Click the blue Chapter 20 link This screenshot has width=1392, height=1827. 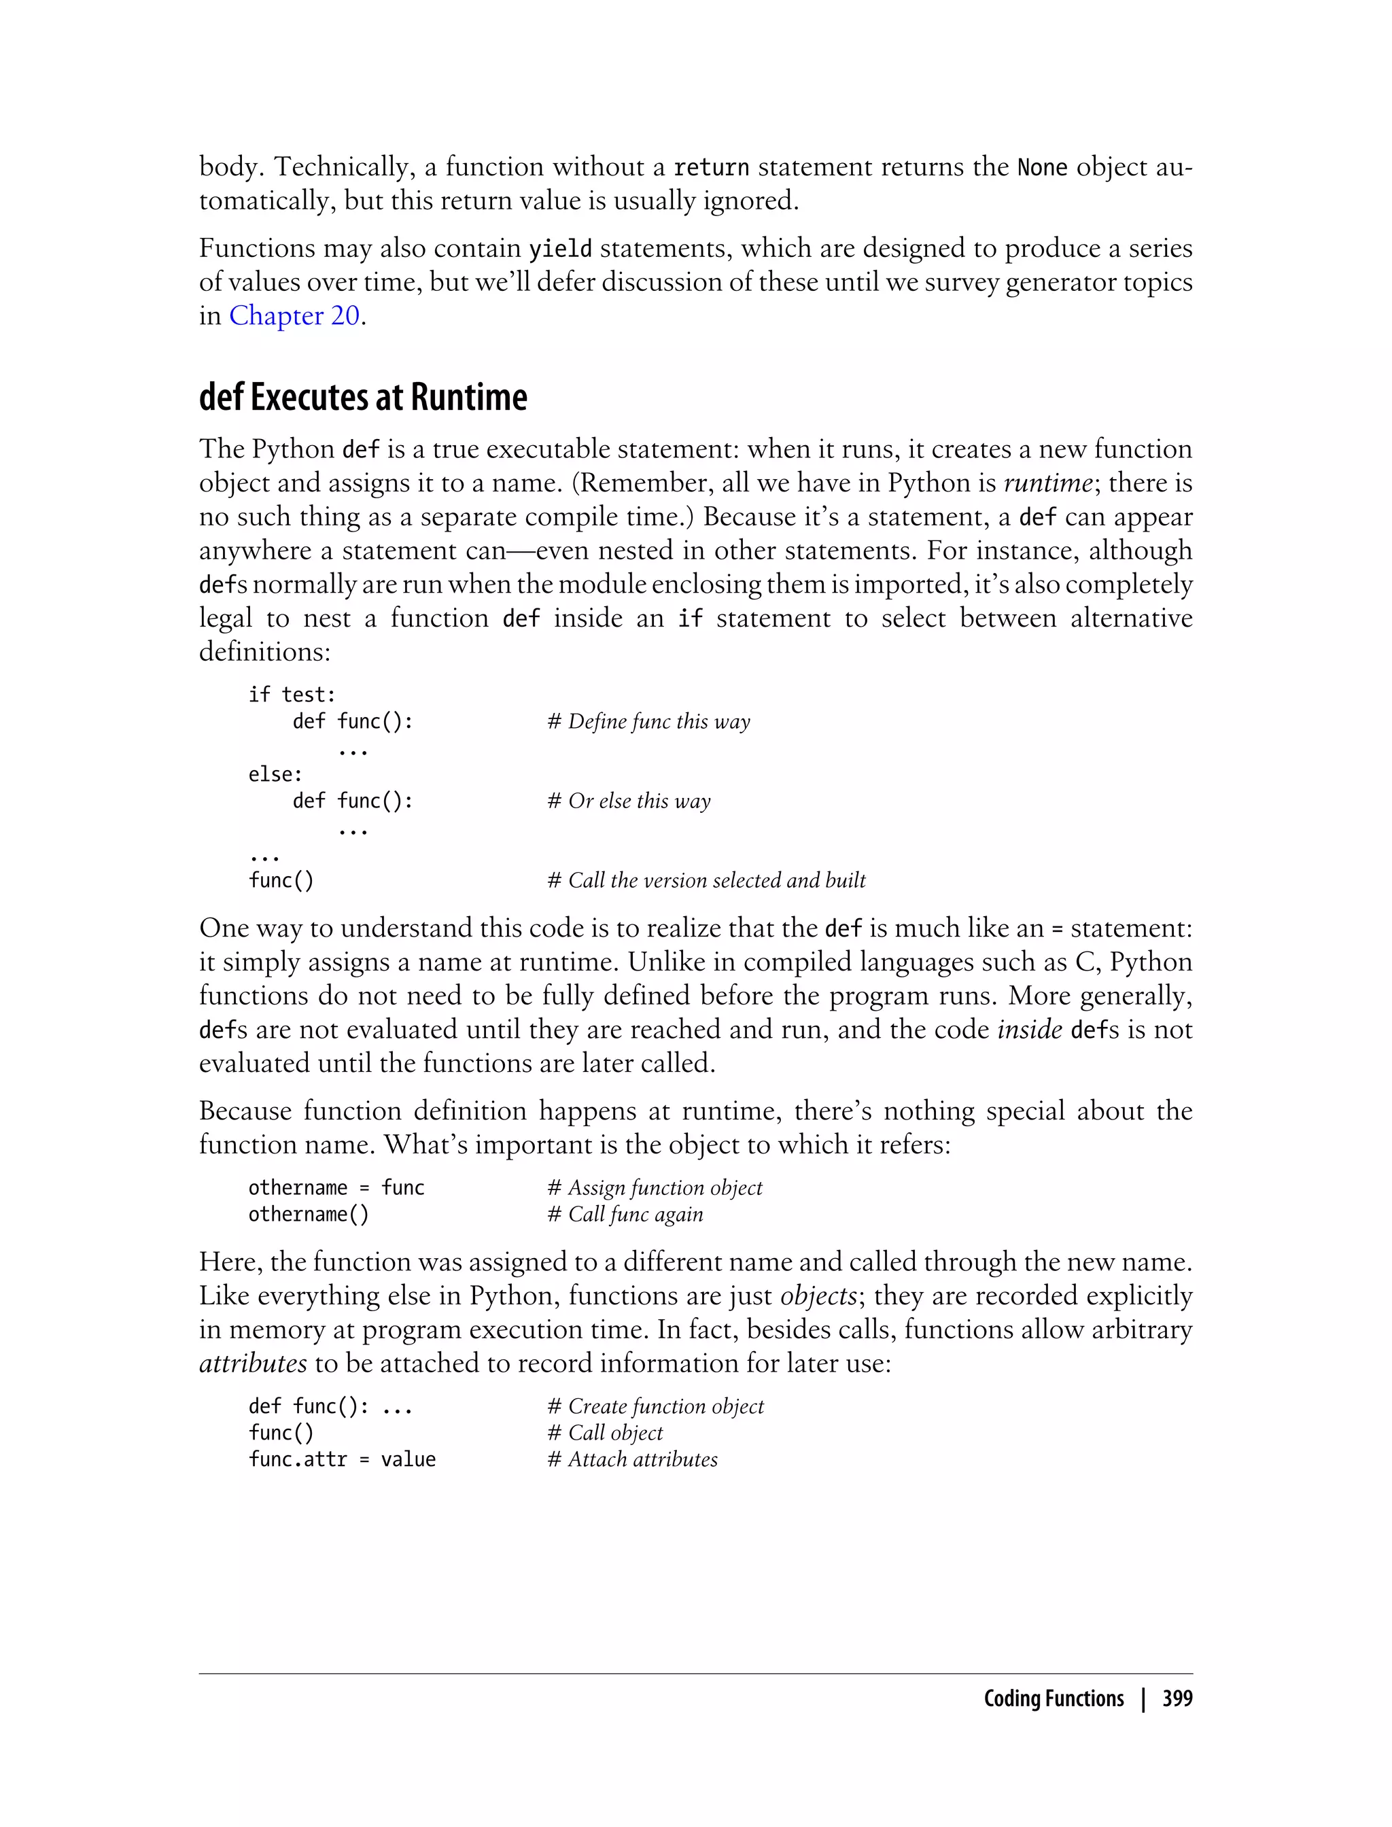[x=294, y=315]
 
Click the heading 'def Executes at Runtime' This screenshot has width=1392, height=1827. [x=363, y=398]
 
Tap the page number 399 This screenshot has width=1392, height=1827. [x=1177, y=1699]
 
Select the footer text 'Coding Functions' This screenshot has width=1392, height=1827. [x=1053, y=1699]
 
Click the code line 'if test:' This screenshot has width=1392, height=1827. [x=292, y=695]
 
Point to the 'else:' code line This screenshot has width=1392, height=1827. [x=275, y=774]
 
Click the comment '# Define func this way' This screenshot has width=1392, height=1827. [x=649, y=722]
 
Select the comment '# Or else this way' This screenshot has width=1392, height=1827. [x=629, y=801]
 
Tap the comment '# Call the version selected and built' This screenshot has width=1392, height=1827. [x=706, y=880]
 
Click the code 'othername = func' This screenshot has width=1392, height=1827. [x=336, y=1187]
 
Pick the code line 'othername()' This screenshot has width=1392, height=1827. [x=308, y=1214]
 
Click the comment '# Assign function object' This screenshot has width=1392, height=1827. [x=655, y=1187]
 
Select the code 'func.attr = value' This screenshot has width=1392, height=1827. [x=341, y=1459]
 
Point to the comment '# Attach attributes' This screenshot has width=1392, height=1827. [x=632, y=1459]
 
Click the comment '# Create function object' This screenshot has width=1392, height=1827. [x=655, y=1406]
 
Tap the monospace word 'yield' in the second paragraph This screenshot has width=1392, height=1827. [x=560, y=249]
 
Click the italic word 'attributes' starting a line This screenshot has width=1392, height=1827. [x=253, y=1363]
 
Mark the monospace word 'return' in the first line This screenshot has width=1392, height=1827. [x=711, y=167]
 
